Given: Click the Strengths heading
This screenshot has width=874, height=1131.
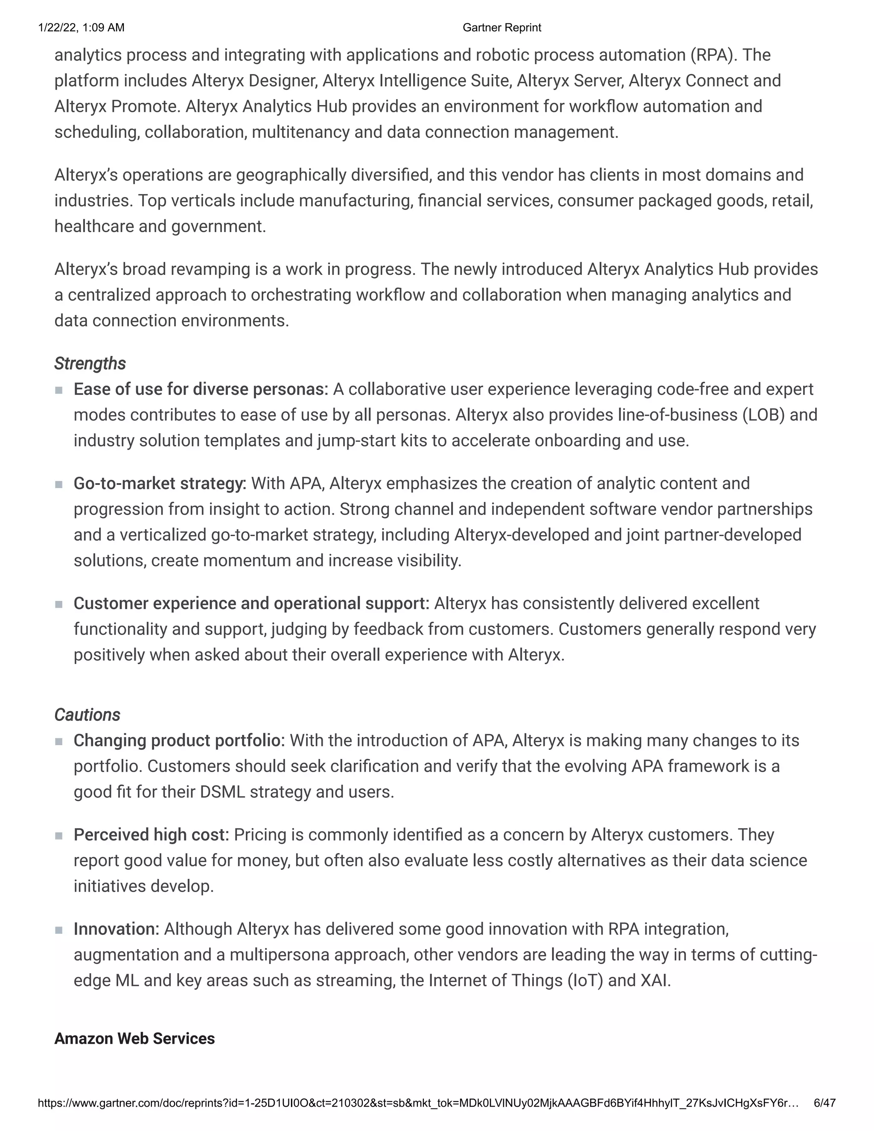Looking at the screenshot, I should click(90, 364).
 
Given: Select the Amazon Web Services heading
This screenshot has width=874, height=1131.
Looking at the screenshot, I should click(134, 1038).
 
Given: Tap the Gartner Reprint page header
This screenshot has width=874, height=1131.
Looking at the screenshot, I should click(502, 27).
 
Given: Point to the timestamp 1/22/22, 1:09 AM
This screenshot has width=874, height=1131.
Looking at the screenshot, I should click(81, 27).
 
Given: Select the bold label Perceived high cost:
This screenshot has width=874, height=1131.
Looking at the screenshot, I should click(151, 835).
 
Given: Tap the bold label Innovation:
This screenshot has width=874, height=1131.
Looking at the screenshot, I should click(117, 929).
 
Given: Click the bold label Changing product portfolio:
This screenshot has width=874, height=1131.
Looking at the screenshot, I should click(179, 740).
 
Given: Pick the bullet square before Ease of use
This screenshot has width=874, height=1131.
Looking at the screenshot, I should click(59, 390).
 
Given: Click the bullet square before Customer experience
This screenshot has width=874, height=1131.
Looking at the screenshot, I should click(59, 604).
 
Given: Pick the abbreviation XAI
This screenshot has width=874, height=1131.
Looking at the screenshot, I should click(653, 981).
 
